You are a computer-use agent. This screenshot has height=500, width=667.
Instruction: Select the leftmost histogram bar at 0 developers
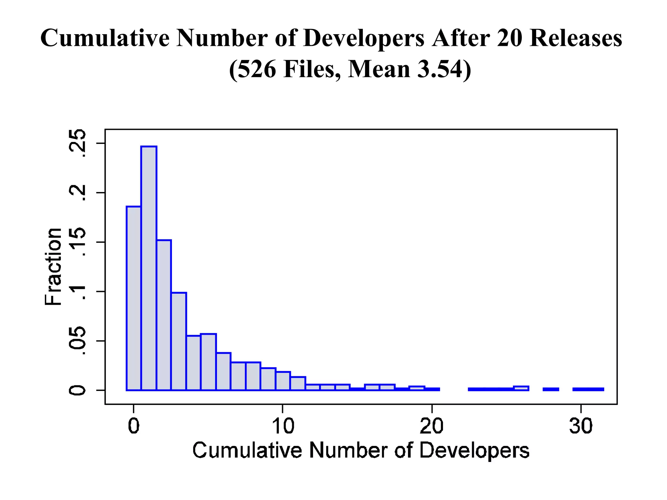134,298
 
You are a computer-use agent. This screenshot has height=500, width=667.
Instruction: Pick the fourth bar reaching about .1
179,341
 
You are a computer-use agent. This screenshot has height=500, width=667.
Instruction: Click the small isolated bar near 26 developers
521,388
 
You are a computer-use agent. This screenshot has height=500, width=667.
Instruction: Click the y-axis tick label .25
78,143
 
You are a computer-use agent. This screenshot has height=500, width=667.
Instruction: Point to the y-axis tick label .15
78,242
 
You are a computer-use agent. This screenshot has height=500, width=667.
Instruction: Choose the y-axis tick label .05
78,341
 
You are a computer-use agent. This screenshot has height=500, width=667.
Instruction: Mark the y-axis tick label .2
78,193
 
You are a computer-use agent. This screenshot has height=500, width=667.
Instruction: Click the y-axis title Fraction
53,267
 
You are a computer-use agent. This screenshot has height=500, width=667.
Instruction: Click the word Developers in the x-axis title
474,451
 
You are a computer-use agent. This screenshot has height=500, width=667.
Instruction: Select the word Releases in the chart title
575,38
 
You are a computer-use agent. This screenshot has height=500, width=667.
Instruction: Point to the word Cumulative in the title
105,38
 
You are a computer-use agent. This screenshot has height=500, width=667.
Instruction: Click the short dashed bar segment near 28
551,389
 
